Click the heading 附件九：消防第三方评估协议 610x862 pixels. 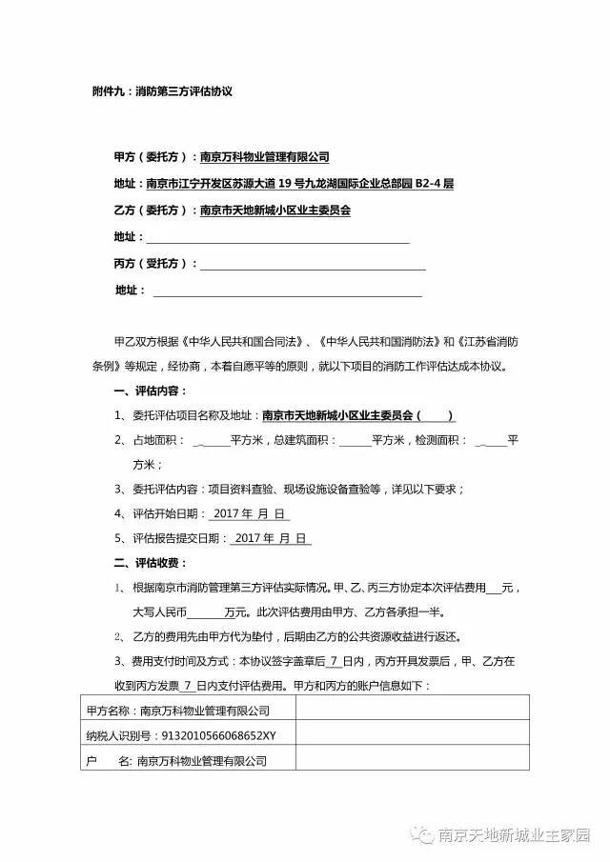point(156,92)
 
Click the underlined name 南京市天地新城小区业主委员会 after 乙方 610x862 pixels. point(274,210)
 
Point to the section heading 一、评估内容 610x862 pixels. point(151,391)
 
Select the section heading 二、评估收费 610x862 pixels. point(151,563)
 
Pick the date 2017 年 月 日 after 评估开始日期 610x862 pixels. point(249,513)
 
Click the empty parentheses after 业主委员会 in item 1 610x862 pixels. point(437,415)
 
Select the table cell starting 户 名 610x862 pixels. point(177,761)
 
